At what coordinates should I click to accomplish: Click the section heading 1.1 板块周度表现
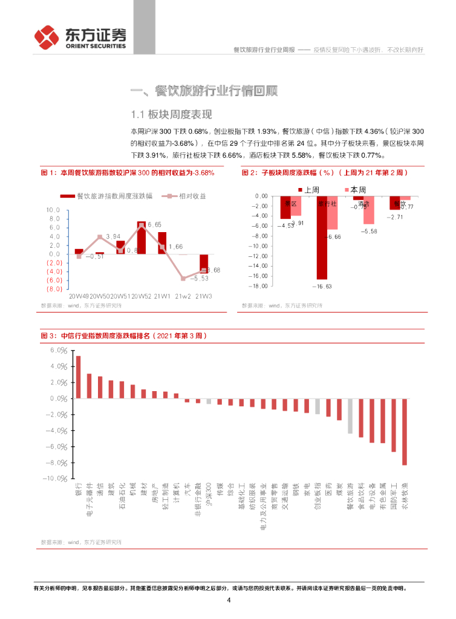[171, 114]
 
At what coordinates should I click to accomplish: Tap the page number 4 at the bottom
[229, 600]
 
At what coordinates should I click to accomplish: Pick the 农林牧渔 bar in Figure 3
[405, 432]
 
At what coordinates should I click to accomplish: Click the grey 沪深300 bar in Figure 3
[209, 401]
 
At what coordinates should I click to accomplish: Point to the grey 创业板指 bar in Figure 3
[318, 406]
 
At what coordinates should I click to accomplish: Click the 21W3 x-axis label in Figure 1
[205, 296]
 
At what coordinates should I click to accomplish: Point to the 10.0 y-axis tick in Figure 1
[53, 210]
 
